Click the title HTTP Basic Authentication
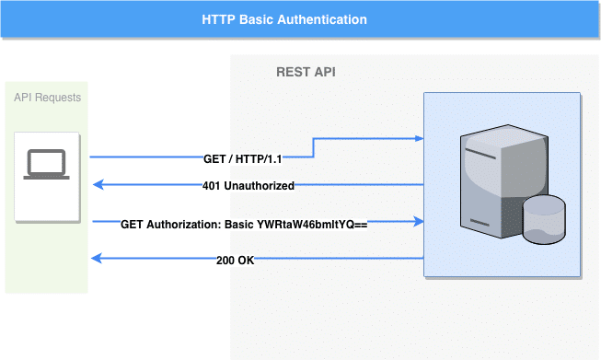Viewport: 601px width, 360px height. pyautogui.click(x=284, y=19)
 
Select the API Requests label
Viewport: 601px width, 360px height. pyautogui.click(x=47, y=98)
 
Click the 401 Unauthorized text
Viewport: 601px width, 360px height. pyautogui.click(x=248, y=186)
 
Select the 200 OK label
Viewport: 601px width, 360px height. pyautogui.click(x=234, y=260)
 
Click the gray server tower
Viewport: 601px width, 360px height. pyautogui.click(x=493, y=184)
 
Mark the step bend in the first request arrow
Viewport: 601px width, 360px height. pyautogui.click(x=314, y=147)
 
